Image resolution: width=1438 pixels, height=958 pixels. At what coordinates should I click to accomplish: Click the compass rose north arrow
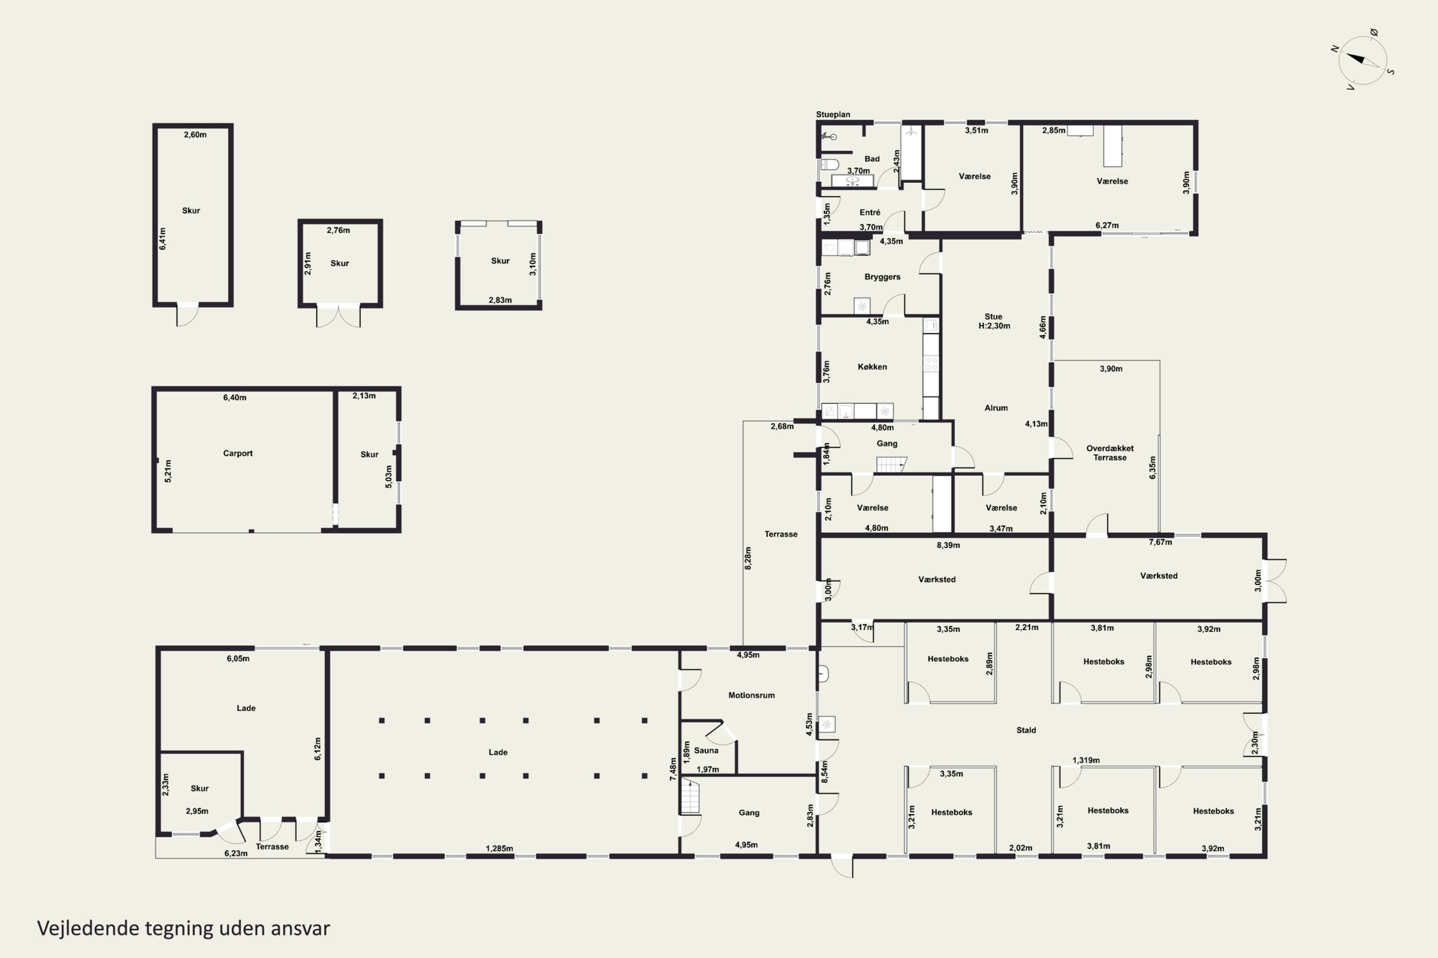click(1356, 60)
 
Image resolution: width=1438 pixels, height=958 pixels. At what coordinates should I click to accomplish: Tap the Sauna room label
click(706, 750)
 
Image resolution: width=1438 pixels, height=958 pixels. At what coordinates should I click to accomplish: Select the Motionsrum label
click(752, 696)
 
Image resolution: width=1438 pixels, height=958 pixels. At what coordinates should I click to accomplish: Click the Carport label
click(238, 453)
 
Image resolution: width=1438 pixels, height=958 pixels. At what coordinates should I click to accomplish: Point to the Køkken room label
click(872, 366)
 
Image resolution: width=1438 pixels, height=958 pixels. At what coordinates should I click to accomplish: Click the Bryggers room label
click(882, 277)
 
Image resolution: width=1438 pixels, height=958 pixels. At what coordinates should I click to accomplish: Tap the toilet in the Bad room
click(830, 164)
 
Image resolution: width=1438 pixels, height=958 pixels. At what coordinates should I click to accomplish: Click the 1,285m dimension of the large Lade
click(499, 849)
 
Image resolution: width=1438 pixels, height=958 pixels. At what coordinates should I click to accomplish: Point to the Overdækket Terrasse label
click(1110, 453)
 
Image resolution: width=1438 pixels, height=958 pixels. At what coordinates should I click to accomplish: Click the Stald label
click(1026, 730)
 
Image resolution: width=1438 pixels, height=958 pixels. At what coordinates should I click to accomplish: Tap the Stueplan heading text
click(833, 114)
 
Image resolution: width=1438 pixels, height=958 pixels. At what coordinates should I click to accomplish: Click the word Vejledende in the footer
click(89, 928)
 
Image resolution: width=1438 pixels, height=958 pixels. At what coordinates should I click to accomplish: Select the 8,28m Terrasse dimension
click(748, 559)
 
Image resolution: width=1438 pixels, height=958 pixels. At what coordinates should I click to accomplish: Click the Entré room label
click(870, 213)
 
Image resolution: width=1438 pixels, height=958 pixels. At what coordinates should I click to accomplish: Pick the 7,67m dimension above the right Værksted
click(1160, 542)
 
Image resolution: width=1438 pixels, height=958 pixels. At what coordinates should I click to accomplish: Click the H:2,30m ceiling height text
click(994, 326)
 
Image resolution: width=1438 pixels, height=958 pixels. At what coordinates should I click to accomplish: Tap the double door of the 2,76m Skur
click(338, 315)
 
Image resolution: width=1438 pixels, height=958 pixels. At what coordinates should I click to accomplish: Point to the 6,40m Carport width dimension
click(235, 397)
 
